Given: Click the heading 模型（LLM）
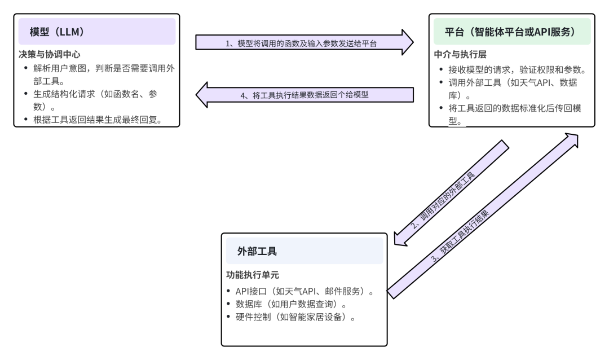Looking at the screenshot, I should (x=57, y=32).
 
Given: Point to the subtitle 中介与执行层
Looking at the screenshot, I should (x=460, y=56).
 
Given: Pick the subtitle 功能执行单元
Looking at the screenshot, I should (x=253, y=275).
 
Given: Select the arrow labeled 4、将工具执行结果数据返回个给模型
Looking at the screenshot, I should (x=304, y=95).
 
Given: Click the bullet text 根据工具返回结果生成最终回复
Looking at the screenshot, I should (x=94, y=119).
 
